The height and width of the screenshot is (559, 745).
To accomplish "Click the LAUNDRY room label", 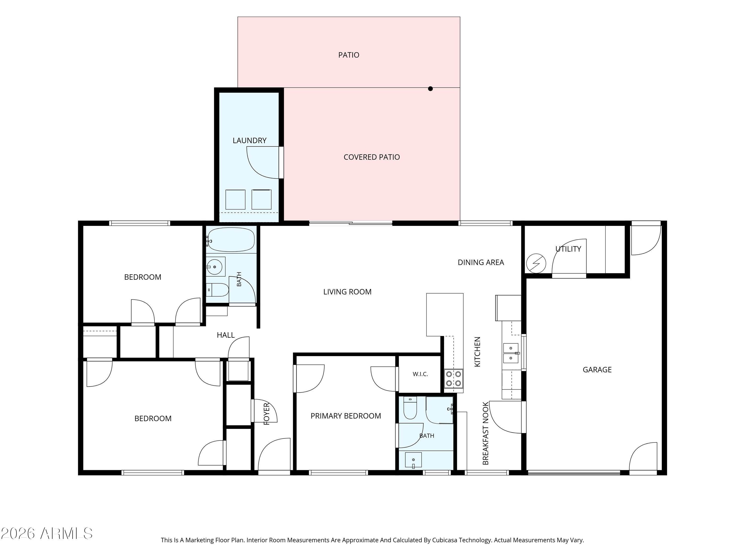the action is (x=250, y=141).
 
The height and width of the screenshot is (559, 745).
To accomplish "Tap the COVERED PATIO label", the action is (x=372, y=157).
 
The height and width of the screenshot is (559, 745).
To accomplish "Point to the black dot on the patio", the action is (x=430, y=89).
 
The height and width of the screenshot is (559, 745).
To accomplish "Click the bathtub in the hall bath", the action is (x=231, y=240).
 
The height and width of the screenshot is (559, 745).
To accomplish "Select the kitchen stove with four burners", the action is (x=453, y=379).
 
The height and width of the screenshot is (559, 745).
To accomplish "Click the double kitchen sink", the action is (x=511, y=353).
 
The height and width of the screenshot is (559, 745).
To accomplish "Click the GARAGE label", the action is (x=597, y=370).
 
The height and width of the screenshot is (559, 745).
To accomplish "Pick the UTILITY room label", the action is (x=568, y=249).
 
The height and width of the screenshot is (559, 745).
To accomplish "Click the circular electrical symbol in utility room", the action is (x=536, y=263).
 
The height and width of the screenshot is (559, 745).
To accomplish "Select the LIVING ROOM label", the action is (x=347, y=292).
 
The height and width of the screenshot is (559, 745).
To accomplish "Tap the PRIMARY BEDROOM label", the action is (x=346, y=416).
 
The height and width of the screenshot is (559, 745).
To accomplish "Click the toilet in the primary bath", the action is (x=410, y=408).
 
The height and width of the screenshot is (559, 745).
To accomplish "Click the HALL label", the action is (x=226, y=335).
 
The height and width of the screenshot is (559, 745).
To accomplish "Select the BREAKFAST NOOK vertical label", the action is (x=485, y=433).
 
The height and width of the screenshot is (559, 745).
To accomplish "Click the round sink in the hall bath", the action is (x=215, y=267).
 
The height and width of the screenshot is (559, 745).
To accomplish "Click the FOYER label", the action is (x=266, y=414).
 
